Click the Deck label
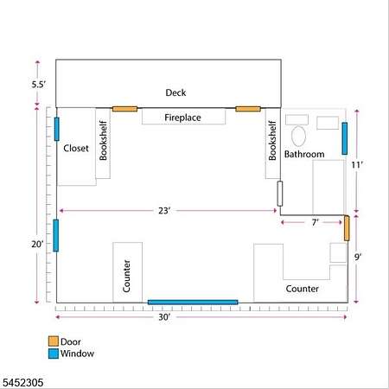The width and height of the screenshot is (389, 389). pyautogui.click(x=175, y=92)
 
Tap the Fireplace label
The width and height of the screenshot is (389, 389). pyautogui.click(x=182, y=118)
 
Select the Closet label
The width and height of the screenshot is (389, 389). pyautogui.click(x=76, y=148)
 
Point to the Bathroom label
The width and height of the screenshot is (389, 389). pyautogui.click(x=304, y=154)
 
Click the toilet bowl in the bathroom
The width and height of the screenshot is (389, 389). pyautogui.click(x=298, y=136)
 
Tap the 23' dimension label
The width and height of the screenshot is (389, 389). pyautogui.click(x=164, y=211)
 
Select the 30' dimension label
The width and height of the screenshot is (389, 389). pyautogui.click(x=164, y=317)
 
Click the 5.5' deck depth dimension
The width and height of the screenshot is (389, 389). pyautogui.click(x=39, y=85)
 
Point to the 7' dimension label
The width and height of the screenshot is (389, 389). pyautogui.click(x=316, y=222)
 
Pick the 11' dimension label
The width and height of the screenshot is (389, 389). pyautogui.click(x=357, y=165)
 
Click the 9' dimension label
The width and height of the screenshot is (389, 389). pyautogui.click(x=358, y=257)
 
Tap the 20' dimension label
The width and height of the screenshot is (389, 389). pyautogui.click(x=37, y=244)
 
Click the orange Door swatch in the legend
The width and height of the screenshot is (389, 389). pyautogui.click(x=54, y=341)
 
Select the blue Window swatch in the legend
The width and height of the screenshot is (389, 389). pyautogui.click(x=54, y=354)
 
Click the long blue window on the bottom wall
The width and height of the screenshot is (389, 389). pyautogui.click(x=193, y=302)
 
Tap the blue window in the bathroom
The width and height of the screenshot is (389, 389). pyautogui.click(x=345, y=138)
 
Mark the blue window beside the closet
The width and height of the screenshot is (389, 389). pyautogui.click(x=57, y=129)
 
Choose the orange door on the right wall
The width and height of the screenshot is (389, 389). pyautogui.click(x=347, y=228)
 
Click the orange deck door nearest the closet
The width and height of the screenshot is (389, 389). pyautogui.click(x=124, y=109)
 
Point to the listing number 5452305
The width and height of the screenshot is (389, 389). pyautogui.click(x=23, y=383)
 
